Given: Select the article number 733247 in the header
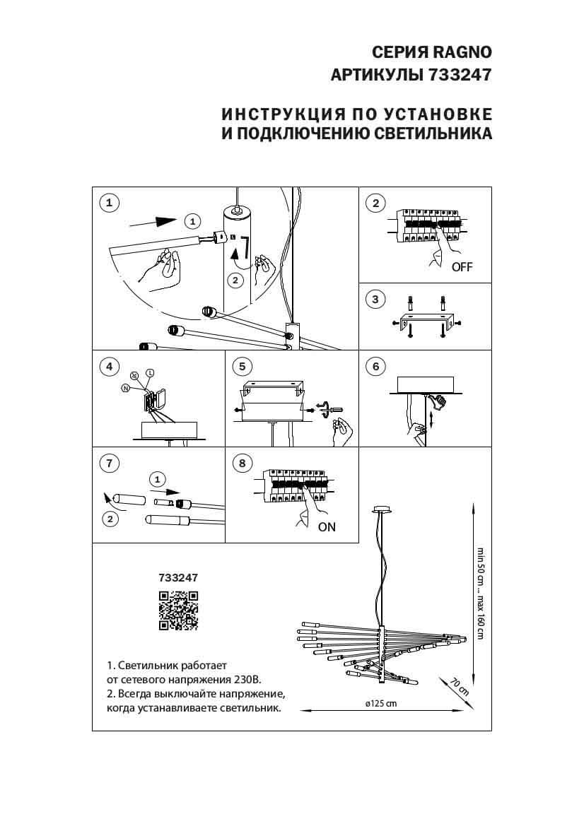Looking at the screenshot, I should pyautogui.click(x=460, y=76).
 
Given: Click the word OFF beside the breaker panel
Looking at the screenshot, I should pyautogui.click(x=462, y=267).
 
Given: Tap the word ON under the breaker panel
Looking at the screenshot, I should pyautogui.click(x=327, y=526).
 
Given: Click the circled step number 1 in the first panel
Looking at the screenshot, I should pyautogui.click(x=108, y=203).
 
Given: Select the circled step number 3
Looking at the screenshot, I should pyautogui.click(x=375, y=300).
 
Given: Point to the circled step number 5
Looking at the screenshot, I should pyautogui.click(x=243, y=366).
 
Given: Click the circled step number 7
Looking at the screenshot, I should pyautogui.click(x=108, y=464).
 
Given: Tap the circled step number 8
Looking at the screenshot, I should pyautogui.click(x=243, y=464).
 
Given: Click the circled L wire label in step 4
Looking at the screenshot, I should pyautogui.click(x=150, y=372).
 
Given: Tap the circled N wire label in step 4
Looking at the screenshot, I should pyautogui.click(x=125, y=388).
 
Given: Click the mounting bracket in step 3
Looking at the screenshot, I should pyautogui.click(x=424, y=319).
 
